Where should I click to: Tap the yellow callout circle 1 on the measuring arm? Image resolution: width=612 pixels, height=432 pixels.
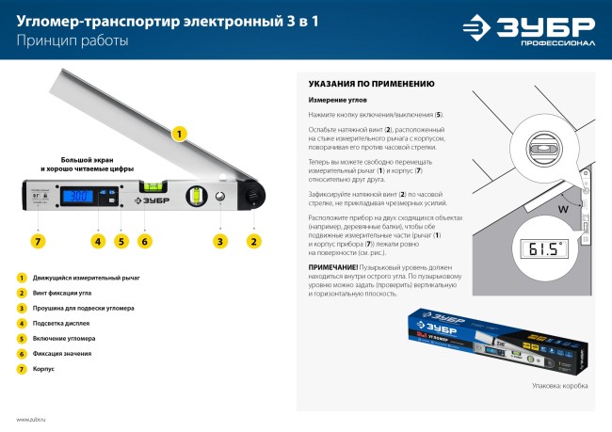point(176,135)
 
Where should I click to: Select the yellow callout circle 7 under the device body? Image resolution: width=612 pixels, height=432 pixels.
point(38,241)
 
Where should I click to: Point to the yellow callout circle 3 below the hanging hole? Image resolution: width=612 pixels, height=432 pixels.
point(219,241)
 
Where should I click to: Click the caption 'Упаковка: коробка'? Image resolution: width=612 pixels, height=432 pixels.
point(559,385)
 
